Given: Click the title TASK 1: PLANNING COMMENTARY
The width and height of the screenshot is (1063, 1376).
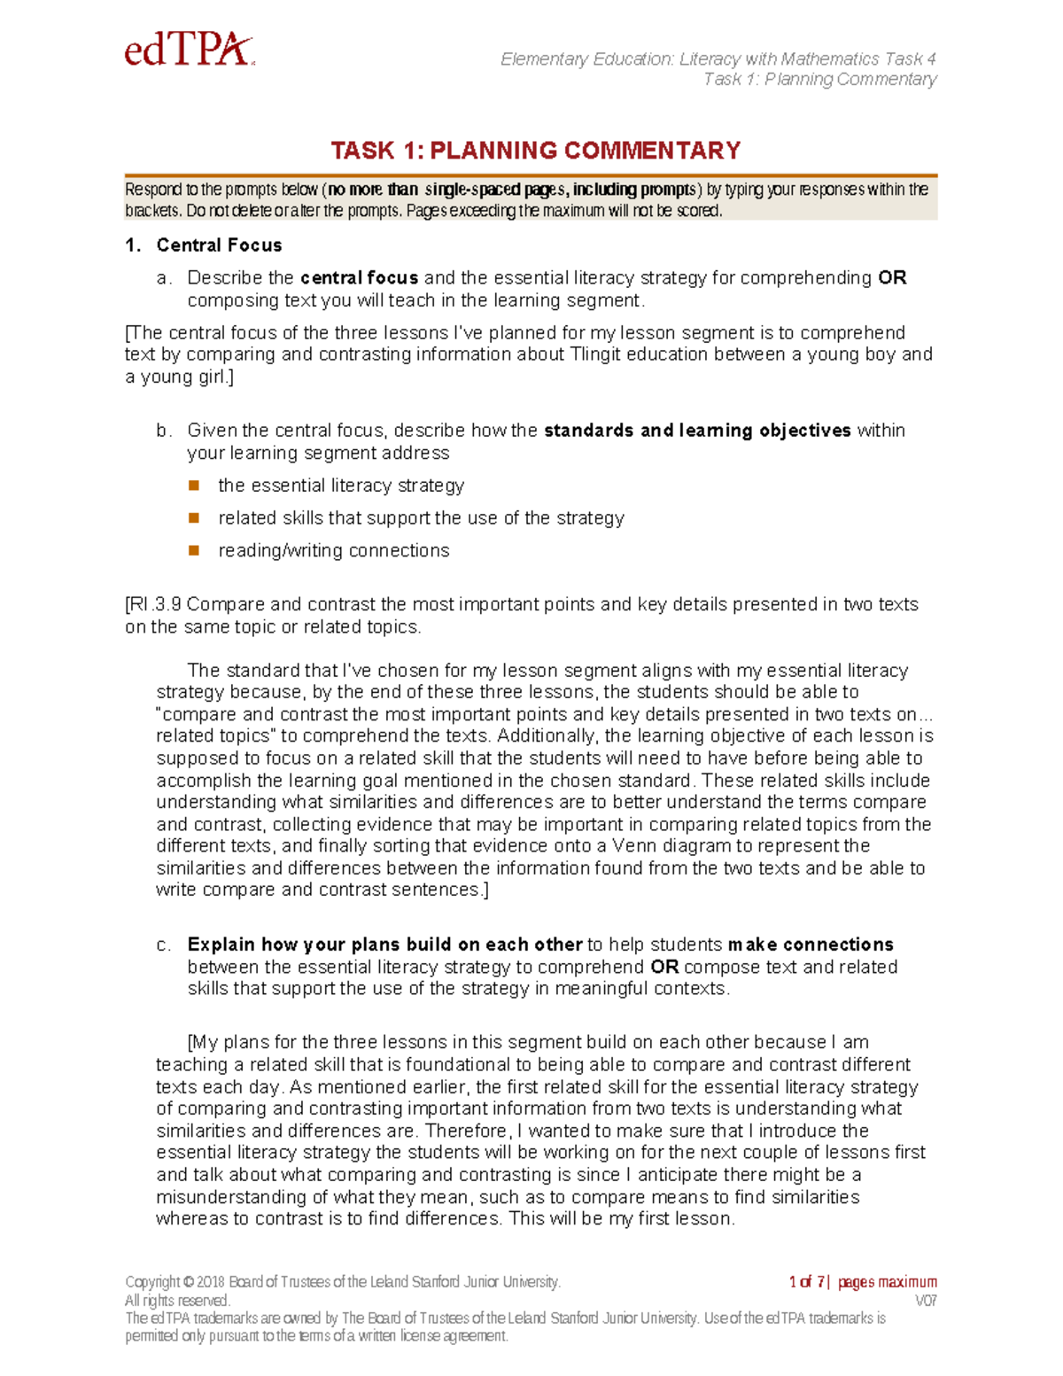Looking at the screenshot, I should pos(535,151).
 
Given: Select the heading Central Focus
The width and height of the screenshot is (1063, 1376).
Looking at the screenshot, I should pos(219,245).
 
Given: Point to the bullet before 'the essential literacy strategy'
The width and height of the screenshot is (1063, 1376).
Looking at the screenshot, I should pos(194,486).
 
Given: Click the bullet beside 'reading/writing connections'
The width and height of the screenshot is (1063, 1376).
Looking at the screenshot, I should pos(194,550).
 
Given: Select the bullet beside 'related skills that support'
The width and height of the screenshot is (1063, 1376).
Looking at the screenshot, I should pos(194,517).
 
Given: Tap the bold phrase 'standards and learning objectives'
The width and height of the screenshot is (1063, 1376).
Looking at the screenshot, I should pos(697,431).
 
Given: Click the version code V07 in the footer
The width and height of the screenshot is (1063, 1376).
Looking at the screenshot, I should pos(926,1301).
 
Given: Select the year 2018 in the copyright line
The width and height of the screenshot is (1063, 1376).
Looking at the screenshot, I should pos(211,1282).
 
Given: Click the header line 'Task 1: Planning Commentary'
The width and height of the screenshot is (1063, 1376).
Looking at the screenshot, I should pos(819,80).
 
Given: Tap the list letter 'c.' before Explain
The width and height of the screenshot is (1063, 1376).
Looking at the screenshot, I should pos(164,945).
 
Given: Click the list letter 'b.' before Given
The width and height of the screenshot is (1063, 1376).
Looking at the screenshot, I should pos(164,431).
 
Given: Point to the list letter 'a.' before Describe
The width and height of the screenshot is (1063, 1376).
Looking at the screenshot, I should pos(164,278).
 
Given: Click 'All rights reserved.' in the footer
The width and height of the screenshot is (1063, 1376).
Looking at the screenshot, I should pos(177,1301).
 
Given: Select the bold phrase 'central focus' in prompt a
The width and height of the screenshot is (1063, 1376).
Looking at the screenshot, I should pos(359,278).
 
